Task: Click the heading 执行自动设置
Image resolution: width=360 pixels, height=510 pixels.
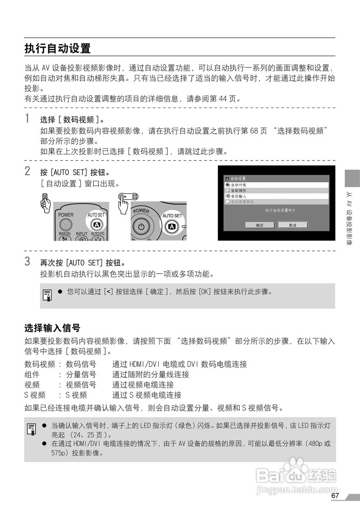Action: pos(57,49)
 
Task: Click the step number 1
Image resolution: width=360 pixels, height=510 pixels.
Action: pos(27,119)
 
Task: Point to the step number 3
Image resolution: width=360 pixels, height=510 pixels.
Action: pos(27,262)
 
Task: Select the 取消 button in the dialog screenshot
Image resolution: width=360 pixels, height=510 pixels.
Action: pos(292,225)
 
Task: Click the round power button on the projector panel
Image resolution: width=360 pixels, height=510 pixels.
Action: pos(140,227)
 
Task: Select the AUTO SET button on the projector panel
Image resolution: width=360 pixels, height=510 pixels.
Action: pos(172,226)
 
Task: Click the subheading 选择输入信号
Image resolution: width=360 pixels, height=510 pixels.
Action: pos(53,328)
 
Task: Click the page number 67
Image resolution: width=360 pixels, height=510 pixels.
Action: pos(335,496)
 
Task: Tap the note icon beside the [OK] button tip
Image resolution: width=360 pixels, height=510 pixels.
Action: pos(47,295)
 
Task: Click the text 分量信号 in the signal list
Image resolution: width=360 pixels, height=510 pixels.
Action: pos(81,375)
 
